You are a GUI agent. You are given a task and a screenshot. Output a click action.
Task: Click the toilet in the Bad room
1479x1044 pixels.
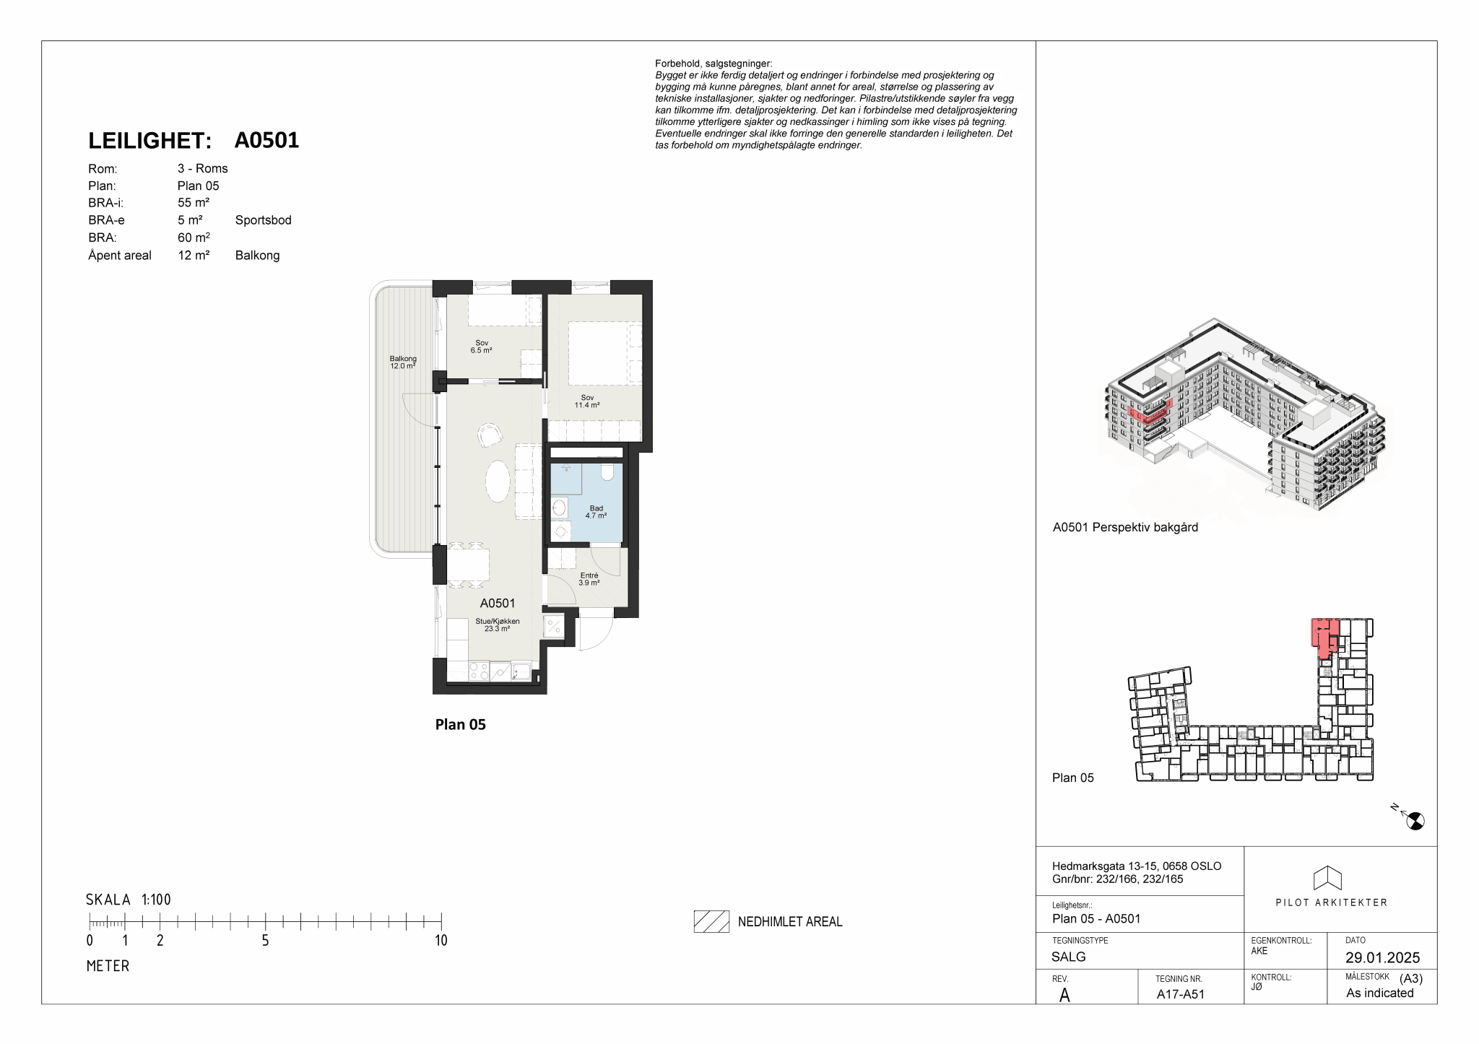(607, 472)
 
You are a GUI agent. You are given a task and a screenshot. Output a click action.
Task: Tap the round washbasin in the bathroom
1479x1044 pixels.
(559, 508)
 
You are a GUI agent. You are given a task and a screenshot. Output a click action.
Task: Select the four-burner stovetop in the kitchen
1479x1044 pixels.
(479, 671)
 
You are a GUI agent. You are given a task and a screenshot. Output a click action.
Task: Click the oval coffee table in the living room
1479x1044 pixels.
(498, 480)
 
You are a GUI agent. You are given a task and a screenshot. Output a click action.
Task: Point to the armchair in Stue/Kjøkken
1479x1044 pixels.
(490, 434)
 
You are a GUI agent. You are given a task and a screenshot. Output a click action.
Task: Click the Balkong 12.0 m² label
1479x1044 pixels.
(403, 362)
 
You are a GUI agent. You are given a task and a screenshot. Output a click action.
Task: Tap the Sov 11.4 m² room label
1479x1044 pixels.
(587, 401)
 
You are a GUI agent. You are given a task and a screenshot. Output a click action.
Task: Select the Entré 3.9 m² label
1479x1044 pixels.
(589, 579)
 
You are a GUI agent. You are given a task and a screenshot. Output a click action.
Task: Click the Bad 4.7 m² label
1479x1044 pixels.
(596, 512)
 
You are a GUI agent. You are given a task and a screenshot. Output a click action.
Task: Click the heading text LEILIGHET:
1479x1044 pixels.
(149, 141)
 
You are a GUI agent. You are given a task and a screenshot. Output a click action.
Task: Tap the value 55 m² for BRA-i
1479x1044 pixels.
(194, 203)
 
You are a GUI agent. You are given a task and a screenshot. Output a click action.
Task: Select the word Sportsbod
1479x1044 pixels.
(264, 220)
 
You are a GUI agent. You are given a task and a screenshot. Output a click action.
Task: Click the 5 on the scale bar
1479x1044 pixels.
(265, 940)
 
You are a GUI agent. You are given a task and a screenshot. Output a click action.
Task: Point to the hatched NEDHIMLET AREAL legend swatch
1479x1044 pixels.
(711, 921)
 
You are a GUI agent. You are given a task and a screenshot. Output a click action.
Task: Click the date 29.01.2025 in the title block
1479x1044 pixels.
(1382, 957)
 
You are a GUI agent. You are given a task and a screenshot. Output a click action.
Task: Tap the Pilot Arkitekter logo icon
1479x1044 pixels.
(1327, 878)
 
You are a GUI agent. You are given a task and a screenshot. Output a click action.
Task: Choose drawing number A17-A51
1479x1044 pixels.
(1181, 994)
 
